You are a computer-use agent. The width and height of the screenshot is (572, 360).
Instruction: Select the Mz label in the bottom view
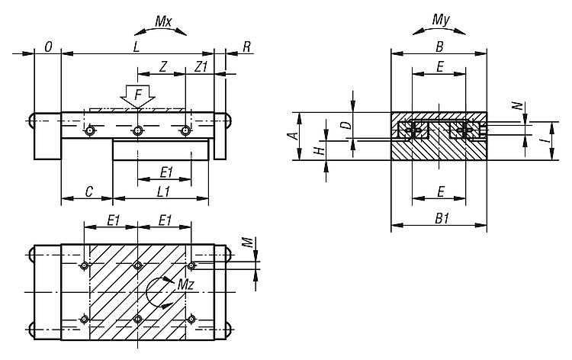[185, 284]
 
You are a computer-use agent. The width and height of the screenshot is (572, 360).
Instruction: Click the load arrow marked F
[137, 97]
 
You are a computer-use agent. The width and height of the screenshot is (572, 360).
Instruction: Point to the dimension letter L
[136, 47]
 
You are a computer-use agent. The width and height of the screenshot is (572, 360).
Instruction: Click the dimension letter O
[48, 47]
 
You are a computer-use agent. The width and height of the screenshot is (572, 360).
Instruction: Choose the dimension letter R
[246, 47]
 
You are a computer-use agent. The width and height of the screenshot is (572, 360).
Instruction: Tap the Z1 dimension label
[201, 66]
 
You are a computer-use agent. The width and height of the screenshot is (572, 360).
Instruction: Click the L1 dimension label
[162, 192]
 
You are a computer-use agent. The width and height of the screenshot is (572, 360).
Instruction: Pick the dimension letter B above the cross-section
[439, 47]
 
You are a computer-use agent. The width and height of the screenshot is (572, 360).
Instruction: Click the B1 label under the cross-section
[439, 218]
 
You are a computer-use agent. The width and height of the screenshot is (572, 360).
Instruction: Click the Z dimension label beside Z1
[164, 66]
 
